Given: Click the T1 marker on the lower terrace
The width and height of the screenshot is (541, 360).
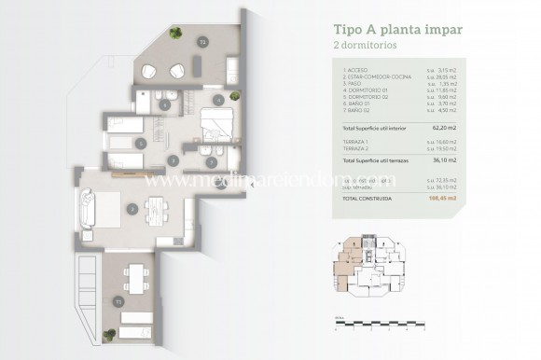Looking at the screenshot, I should (x=118, y=302).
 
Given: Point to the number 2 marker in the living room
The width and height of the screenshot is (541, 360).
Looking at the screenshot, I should (x=133, y=210).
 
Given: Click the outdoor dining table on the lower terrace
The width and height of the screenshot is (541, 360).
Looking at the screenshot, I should (x=136, y=276).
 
